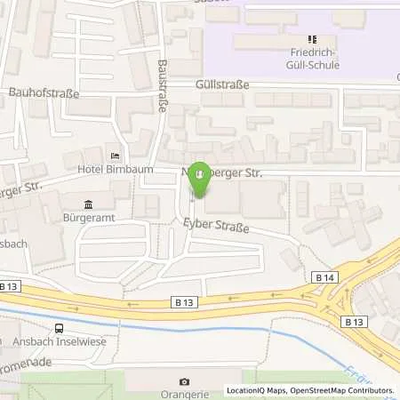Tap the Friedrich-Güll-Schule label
pyautogui.click(x=312, y=58)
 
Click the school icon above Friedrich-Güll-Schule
pyautogui.click(x=312, y=39)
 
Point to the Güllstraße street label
pyautogui.click(x=221, y=84)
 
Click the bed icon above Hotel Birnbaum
pyautogui.click(x=112, y=153)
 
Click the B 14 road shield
pyautogui.click(x=325, y=278)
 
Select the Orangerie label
pyautogui.click(x=185, y=395)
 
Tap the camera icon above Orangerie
pyautogui.click(x=185, y=382)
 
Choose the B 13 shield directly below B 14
pyautogui.click(x=354, y=321)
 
